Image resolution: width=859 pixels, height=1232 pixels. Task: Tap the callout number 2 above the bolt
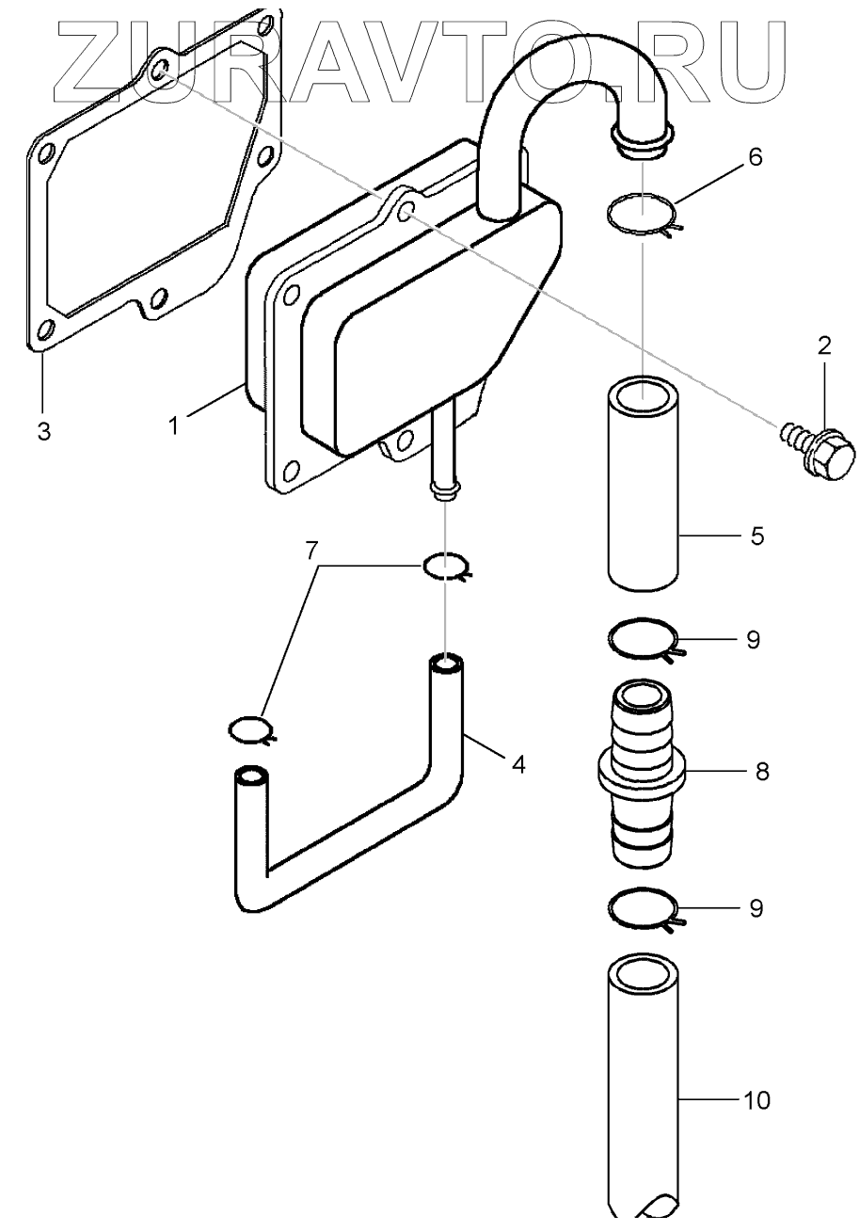click(x=824, y=345)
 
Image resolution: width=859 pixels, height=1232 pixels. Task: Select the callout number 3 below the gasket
click(x=43, y=432)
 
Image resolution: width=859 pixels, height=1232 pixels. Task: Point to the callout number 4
click(x=517, y=763)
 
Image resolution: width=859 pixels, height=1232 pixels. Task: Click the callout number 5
click(x=757, y=536)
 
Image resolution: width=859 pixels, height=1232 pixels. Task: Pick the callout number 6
click(x=756, y=157)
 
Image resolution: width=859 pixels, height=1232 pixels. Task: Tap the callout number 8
click(x=761, y=772)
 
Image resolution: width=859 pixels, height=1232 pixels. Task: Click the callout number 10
click(x=756, y=1099)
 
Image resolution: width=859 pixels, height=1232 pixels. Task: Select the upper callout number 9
click(x=753, y=639)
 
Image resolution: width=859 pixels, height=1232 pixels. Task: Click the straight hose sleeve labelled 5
click(x=642, y=485)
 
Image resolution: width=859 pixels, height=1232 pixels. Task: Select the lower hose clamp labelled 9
click(x=643, y=909)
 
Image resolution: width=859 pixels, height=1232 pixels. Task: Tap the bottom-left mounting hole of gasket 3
click(x=43, y=331)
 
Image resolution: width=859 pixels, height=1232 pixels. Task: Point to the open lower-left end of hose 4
click(x=250, y=776)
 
